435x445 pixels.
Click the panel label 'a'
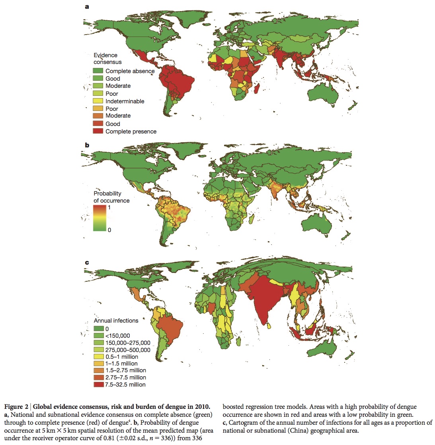[86, 6]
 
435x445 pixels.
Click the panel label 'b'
[86, 145]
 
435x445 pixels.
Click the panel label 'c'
[86, 263]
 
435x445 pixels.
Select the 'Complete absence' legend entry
[130, 71]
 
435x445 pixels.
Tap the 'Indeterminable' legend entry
[125, 101]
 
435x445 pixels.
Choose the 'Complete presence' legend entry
[131, 132]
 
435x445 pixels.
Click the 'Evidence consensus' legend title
[107, 59]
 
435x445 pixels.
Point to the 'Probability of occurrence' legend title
[111, 197]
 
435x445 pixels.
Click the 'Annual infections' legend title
[116, 321]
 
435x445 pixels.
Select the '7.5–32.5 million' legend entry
[125, 385]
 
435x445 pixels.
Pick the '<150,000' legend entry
[117, 336]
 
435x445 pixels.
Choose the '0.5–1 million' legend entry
[122, 357]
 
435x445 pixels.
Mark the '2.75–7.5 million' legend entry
[125, 377]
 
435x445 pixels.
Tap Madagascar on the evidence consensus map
[257, 87]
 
